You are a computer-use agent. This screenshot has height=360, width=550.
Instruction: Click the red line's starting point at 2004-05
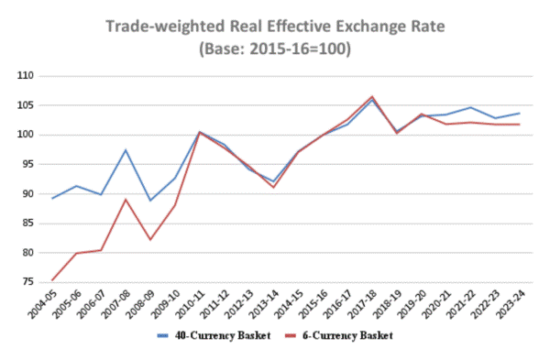[x=51, y=279]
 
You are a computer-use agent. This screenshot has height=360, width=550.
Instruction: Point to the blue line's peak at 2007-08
[x=126, y=150]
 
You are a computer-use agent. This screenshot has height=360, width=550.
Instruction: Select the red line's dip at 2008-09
[x=150, y=240]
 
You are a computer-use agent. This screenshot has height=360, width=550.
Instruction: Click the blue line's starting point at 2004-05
[x=51, y=198]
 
